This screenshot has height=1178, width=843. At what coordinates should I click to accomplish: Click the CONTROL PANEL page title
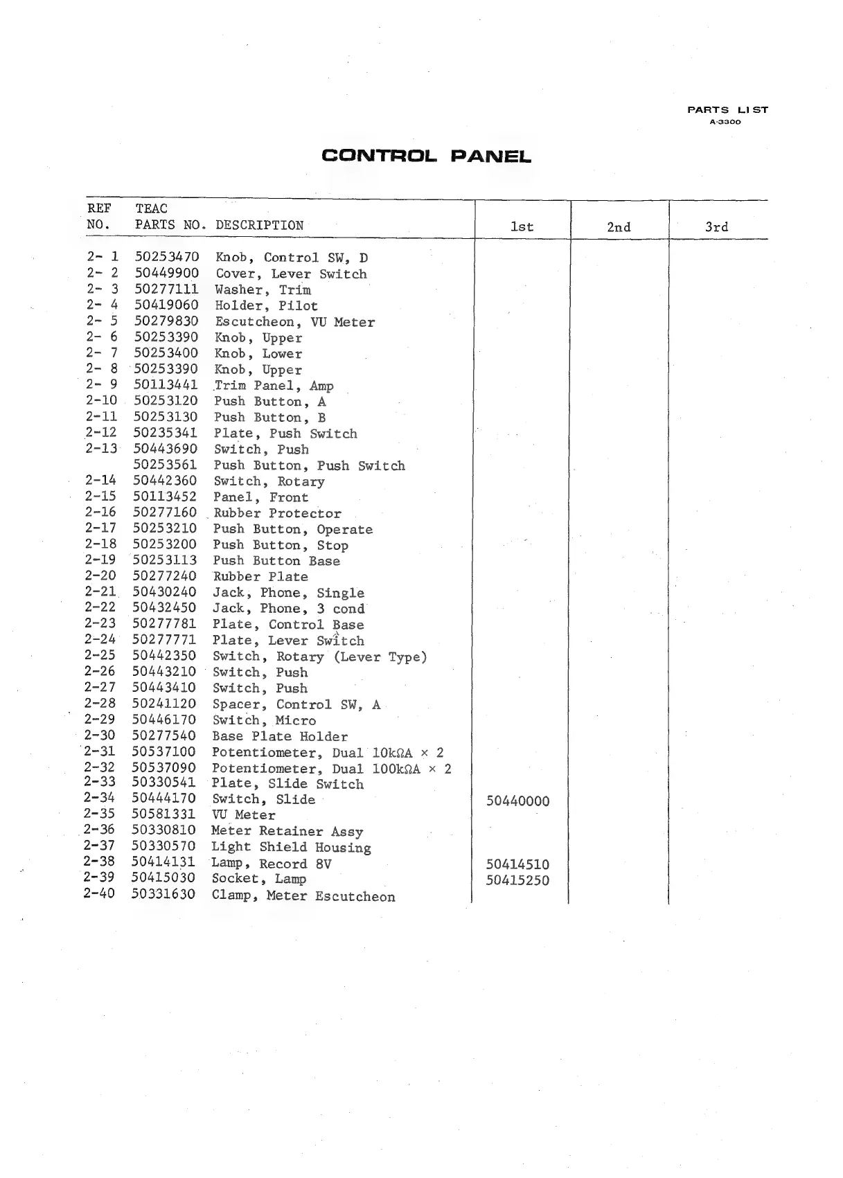[426, 156]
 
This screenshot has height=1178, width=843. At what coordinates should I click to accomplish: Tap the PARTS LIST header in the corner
[727, 109]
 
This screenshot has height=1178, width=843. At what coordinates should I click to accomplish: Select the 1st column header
[522, 226]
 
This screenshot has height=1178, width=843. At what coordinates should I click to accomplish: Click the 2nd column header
[619, 227]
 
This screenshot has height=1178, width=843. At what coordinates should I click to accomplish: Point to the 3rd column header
[716, 227]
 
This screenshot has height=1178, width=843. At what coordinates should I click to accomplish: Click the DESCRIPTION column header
[259, 225]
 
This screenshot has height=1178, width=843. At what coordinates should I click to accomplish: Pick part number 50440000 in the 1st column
[517, 801]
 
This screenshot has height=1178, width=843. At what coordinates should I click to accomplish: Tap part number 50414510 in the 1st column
[517, 864]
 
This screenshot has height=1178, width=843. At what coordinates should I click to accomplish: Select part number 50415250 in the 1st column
[517, 880]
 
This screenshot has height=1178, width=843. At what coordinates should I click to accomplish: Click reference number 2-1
[103, 257]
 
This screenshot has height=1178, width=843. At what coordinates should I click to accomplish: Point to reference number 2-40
[99, 894]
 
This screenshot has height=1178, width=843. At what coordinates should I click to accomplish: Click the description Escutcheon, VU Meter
[295, 322]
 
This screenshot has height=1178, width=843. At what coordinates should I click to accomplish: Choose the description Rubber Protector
[277, 513]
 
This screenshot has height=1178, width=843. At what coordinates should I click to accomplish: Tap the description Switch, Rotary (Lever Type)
[319, 657]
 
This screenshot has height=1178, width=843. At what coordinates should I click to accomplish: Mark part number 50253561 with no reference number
[165, 465]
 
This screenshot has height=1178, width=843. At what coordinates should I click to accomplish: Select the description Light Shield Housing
[291, 847]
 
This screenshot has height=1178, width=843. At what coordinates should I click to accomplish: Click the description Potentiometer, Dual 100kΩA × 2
[331, 768]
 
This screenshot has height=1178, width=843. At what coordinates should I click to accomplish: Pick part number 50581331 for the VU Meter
[163, 814]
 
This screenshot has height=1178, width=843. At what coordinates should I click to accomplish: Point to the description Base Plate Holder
[280, 736]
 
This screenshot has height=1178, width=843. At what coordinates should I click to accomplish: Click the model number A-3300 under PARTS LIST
[725, 122]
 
